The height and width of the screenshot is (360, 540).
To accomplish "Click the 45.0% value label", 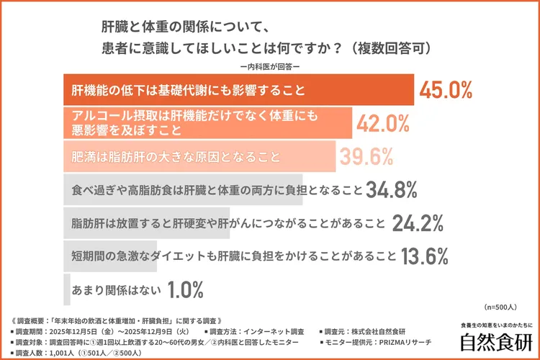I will pos(446,91).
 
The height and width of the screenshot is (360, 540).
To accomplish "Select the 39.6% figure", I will pos(366,156).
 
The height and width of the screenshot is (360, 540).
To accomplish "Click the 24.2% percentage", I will pos(417,224).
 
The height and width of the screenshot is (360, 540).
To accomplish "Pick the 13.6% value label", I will pos(425,256).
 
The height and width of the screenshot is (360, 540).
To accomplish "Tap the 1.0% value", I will pos(186,290).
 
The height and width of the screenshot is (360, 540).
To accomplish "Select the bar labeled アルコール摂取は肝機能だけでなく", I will pos(208,124).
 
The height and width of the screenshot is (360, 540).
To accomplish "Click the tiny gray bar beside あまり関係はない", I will pos(67,290).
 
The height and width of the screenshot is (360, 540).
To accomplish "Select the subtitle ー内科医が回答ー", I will pos(270,67).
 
